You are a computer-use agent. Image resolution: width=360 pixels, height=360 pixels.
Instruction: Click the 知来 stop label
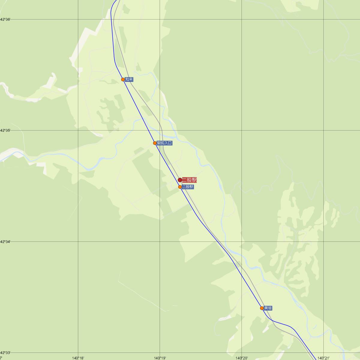tap(129, 79)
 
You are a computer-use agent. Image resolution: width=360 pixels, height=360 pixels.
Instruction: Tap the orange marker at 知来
tap(123, 79)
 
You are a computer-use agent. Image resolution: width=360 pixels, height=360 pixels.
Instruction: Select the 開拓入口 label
tap(165, 143)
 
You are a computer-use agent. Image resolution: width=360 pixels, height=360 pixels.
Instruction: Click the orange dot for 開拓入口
tap(155, 143)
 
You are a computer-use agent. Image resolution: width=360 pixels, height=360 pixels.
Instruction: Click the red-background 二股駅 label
tap(189, 180)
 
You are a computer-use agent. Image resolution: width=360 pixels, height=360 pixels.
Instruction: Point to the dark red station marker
tap(180, 180)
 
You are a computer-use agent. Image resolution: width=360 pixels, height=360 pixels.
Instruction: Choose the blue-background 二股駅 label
tap(188, 187)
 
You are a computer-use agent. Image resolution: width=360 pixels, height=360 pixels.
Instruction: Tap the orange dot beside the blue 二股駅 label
tap(180, 187)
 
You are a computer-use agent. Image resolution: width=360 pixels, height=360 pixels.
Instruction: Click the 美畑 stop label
tap(268, 308)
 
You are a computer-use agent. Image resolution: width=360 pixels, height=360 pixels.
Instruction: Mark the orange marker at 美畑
tap(262, 308)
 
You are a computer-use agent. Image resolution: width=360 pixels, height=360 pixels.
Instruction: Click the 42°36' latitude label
tap(5, 19)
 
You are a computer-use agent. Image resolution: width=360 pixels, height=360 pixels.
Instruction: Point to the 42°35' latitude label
tap(5, 130)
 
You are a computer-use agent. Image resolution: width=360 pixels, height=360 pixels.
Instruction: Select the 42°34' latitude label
tap(5, 241)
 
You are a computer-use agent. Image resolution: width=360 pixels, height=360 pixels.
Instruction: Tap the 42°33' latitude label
tap(5, 353)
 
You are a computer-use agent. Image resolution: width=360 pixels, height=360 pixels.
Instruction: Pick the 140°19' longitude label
tap(160, 358)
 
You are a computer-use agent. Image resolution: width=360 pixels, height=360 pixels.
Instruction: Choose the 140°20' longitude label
tap(242, 358)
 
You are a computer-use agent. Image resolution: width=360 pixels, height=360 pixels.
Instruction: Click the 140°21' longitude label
tap(324, 358)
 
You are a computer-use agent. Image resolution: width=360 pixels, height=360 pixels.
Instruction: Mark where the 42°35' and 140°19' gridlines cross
tap(160, 130)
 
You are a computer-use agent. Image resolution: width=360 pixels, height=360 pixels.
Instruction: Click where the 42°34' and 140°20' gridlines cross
tap(242, 241)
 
